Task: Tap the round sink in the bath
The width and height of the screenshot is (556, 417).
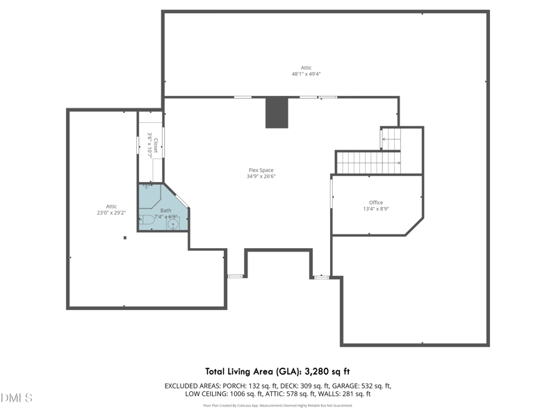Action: [x=173, y=224]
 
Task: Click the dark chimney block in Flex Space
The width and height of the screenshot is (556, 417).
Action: [x=277, y=113]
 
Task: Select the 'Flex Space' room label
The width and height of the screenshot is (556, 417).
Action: [x=261, y=170]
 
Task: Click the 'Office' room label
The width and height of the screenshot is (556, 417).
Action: [x=376, y=202]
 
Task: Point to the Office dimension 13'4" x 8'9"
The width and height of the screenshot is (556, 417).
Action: [x=376, y=208]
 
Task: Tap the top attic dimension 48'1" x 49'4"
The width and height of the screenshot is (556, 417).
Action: [x=306, y=74]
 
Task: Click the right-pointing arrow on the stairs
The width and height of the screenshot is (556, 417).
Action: [x=398, y=163]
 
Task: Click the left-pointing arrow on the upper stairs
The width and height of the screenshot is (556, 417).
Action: [x=383, y=140]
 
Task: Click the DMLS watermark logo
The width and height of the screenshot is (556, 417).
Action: [x=17, y=398]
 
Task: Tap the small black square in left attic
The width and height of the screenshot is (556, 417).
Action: [x=125, y=238]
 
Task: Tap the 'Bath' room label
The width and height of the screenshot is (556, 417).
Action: [x=165, y=211]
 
